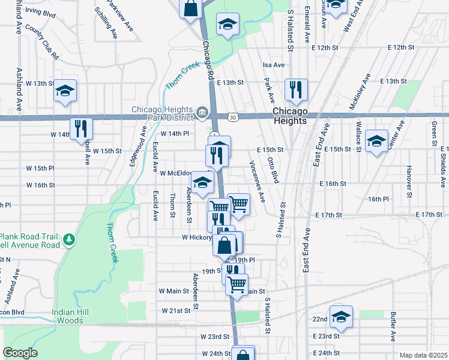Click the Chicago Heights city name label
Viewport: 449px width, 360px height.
[290, 116]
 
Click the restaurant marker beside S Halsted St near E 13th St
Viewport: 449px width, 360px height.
[295, 90]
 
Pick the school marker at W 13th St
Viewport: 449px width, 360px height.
[65, 91]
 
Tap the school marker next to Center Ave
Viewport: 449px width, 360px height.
[376, 142]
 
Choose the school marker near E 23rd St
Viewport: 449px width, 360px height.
[341, 316]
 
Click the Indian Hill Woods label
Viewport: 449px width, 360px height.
[76, 316]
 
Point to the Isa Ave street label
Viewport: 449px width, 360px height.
[273, 65]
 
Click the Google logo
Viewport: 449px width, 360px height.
[20, 353]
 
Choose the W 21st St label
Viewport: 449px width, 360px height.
[179, 311]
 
